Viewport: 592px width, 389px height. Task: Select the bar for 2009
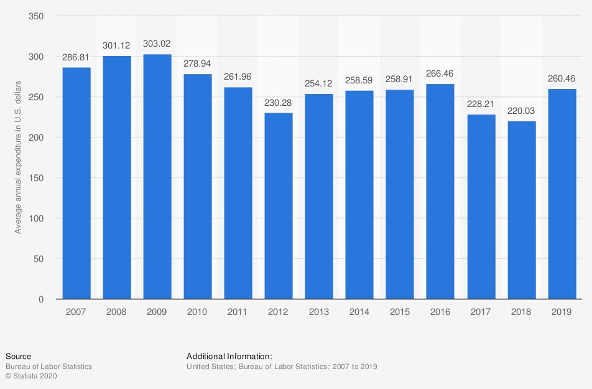[x=157, y=177]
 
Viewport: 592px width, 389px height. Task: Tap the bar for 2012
[x=279, y=206]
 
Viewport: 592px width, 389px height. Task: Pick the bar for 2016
[x=440, y=192]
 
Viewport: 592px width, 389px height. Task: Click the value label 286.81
[x=76, y=57]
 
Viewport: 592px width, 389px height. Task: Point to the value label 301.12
[x=117, y=45]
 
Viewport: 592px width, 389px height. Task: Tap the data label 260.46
[x=562, y=78]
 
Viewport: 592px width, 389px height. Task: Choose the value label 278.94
[x=198, y=63]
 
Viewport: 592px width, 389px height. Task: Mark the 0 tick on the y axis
[x=41, y=299]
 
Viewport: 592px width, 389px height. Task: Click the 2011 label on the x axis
[x=238, y=312]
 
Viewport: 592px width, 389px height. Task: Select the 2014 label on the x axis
[x=359, y=312]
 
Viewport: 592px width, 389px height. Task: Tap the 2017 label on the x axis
[x=481, y=312]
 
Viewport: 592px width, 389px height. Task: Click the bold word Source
[x=18, y=357]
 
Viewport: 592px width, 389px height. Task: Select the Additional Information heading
[x=229, y=357]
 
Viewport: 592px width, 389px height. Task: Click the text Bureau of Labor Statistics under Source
[x=49, y=367]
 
